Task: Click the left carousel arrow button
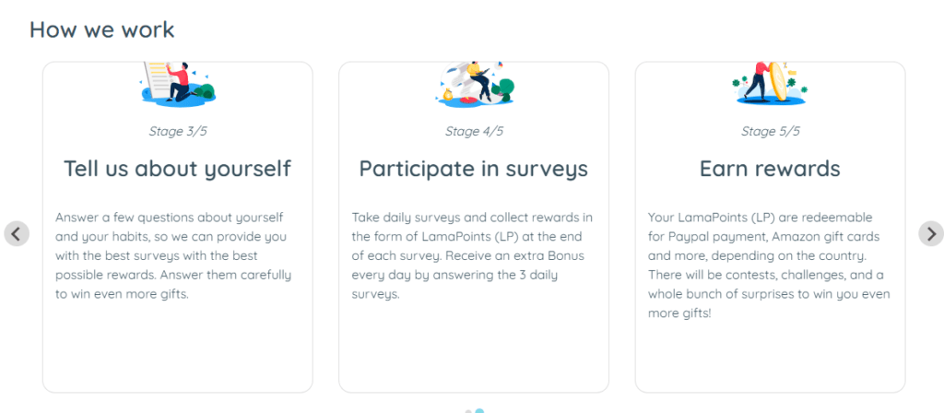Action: click(x=17, y=233)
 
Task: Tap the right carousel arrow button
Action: click(x=931, y=233)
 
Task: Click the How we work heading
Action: click(x=101, y=29)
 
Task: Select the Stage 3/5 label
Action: click(x=178, y=131)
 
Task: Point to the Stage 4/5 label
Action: click(x=474, y=131)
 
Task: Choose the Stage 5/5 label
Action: click(x=770, y=131)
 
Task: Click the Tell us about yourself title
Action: click(x=178, y=169)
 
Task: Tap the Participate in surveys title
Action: click(x=474, y=169)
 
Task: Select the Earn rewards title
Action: click(x=770, y=169)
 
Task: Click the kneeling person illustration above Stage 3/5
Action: click(x=178, y=84)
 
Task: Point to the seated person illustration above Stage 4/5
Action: click(x=476, y=84)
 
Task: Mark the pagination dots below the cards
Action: click(x=475, y=411)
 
